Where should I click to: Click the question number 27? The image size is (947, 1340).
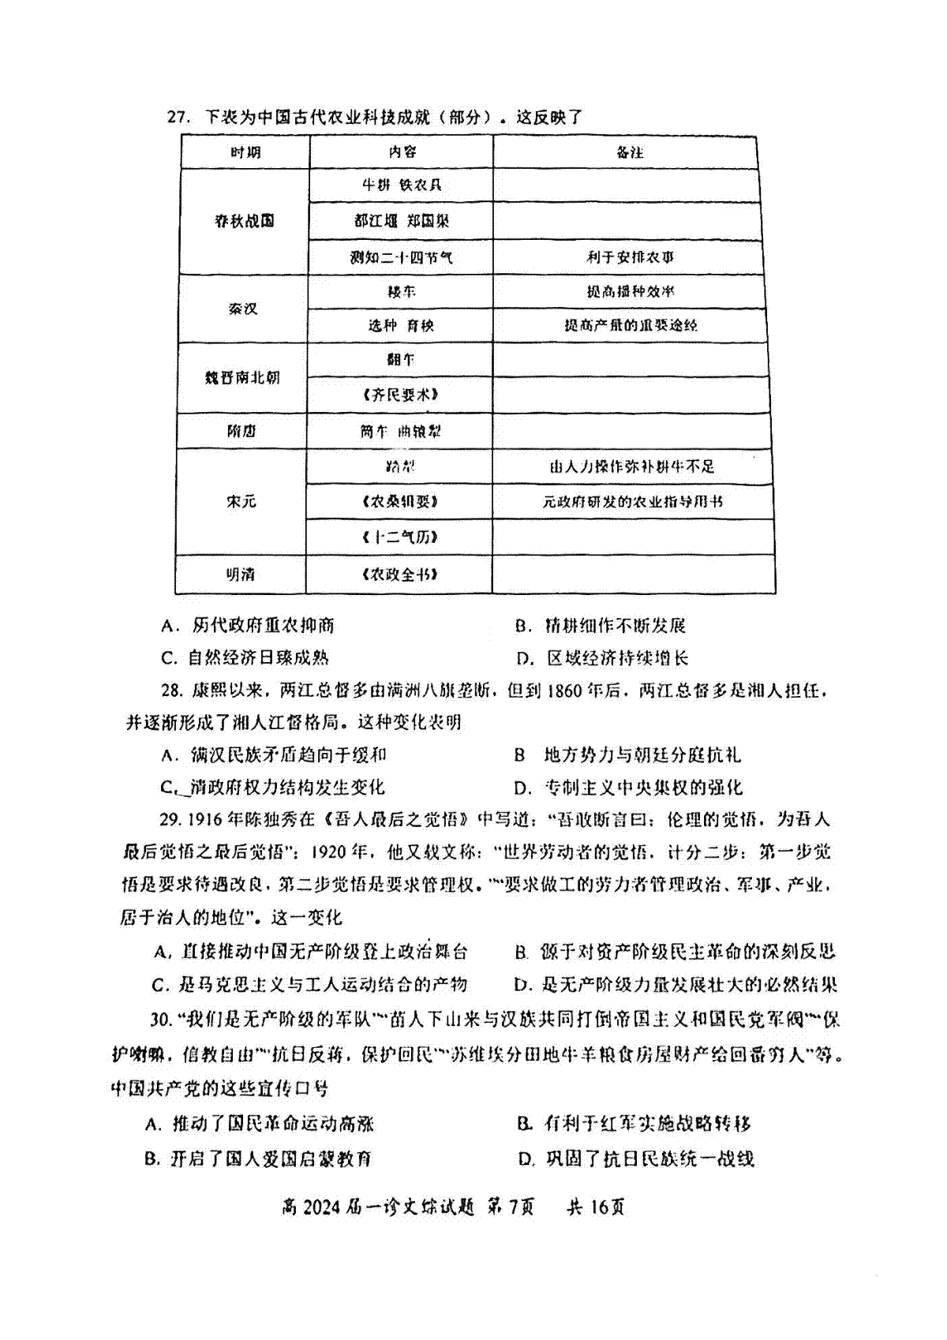click(x=178, y=118)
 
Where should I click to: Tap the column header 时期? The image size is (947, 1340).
click(x=245, y=152)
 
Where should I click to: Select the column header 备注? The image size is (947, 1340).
click(x=630, y=152)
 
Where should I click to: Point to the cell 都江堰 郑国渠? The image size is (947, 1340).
click(x=402, y=221)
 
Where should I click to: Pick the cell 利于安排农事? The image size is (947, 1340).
click(x=630, y=257)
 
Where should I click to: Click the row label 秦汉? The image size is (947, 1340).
click(x=243, y=309)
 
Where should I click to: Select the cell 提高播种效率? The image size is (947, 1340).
click(x=630, y=291)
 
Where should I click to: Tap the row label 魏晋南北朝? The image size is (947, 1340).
click(x=242, y=378)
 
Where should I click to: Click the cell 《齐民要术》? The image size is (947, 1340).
click(x=401, y=395)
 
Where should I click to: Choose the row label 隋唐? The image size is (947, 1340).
click(x=241, y=432)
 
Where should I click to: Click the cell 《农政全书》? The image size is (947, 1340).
click(x=400, y=575)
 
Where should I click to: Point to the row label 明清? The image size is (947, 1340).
click(x=241, y=575)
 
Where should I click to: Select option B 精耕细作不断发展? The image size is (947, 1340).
click(x=601, y=626)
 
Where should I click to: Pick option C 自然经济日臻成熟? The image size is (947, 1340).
click(x=245, y=658)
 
